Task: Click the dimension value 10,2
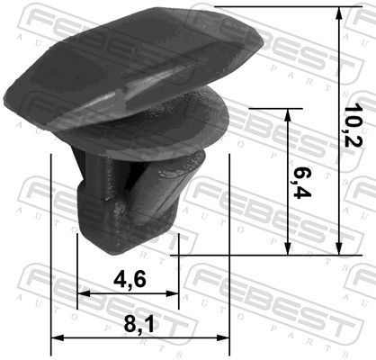(357, 126)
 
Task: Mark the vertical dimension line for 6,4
(288, 216)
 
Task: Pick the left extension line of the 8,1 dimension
(52, 252)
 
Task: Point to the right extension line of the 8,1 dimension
(231, 252)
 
